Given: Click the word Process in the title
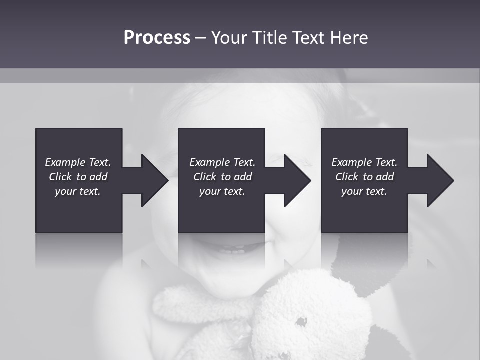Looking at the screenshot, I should pyautogui.click(x=157, y=38).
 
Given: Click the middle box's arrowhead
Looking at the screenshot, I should pyautogui.click(x=297, y=180).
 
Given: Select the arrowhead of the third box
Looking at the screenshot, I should pyautogui.click(x=440, y=180).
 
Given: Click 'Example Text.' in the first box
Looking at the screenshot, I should pyautogui.click(x=78, y=162).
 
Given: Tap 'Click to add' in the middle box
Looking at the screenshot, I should pyautogui.click(x=222, y=177).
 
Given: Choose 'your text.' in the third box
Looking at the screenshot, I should pyautogui.click(x=364, y=191).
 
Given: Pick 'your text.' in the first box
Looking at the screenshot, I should pyautogui.click(x=78, y=191).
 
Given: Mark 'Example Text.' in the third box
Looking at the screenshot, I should pyautogui.click(x=364, y=162).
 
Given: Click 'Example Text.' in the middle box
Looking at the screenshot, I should pyautogui.click(x=222, y=162).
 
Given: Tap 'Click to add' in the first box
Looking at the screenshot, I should pyautogui.click(x=78, y=177).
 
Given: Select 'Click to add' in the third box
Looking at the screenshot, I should pyautogui.click(x=364, y=177).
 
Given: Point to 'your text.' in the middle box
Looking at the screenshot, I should pyautogui.click(x=222, y=191).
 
